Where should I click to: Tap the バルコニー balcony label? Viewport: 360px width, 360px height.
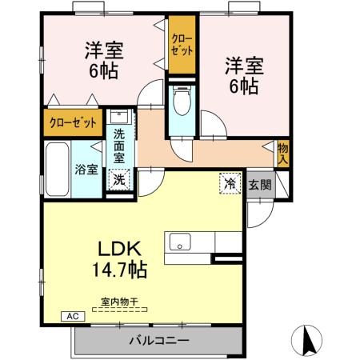click(x=159, y=341)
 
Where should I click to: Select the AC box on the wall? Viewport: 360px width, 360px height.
click(x=70, y=316)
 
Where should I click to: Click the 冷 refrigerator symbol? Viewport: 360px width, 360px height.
click(x=230, y=183)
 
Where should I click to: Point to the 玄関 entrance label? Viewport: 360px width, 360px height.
click(x=258, y=184)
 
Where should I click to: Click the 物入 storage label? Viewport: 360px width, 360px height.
click(x=283, y=152)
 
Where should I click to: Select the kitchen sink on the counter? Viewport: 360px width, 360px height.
click(x=178, y=240)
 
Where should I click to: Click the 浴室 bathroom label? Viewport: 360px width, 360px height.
click(x=86, y=170)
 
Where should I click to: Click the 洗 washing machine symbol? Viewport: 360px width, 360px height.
click(x=118, y=179)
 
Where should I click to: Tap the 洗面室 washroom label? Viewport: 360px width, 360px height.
click(x=118, y=146)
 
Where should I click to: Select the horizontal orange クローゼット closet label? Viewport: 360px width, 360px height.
click(x=71, y=123)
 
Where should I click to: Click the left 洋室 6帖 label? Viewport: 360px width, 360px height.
click(x=102, y=61)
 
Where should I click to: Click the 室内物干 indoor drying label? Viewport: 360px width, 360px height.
click(x=119, y=302)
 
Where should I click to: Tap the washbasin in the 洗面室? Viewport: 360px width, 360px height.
click(x=118, y=117)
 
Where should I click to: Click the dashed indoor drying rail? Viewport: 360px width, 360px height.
click(x=119, y=310)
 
